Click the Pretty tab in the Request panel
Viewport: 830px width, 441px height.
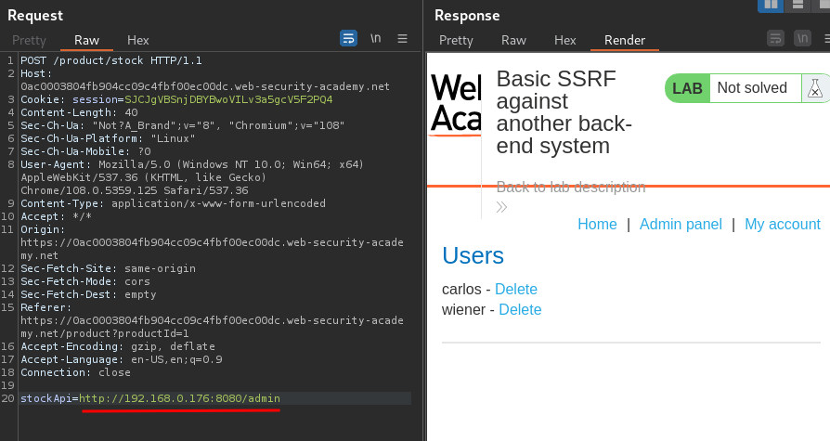coord(29,40)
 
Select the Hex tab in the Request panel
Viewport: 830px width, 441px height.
coord(137,40)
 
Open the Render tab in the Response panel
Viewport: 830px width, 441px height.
coord(624,40)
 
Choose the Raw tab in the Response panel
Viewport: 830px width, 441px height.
coord(513,40)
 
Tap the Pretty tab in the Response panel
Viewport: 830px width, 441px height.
coord(456,40)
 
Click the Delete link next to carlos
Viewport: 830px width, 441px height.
coord(515,289)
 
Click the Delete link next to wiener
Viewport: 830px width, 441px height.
coord(520,309)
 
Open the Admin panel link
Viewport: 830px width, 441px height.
coord(681,224)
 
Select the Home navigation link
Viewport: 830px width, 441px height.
coord(597,224)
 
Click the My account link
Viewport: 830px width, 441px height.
coord(782,224)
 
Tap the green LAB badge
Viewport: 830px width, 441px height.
coord(687,88)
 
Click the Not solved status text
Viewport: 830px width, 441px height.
coord(752,88)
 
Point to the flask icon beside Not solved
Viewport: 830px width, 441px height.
coord(814,88)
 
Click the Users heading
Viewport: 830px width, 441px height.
coord(473,255)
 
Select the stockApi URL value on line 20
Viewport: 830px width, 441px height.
coord(179,398)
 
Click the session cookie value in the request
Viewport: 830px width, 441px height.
coord(227,99)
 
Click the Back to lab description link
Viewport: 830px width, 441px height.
coord(570,187)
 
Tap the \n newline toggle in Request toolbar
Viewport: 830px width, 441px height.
coord(375,38)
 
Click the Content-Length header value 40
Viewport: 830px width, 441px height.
coord(131,112)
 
